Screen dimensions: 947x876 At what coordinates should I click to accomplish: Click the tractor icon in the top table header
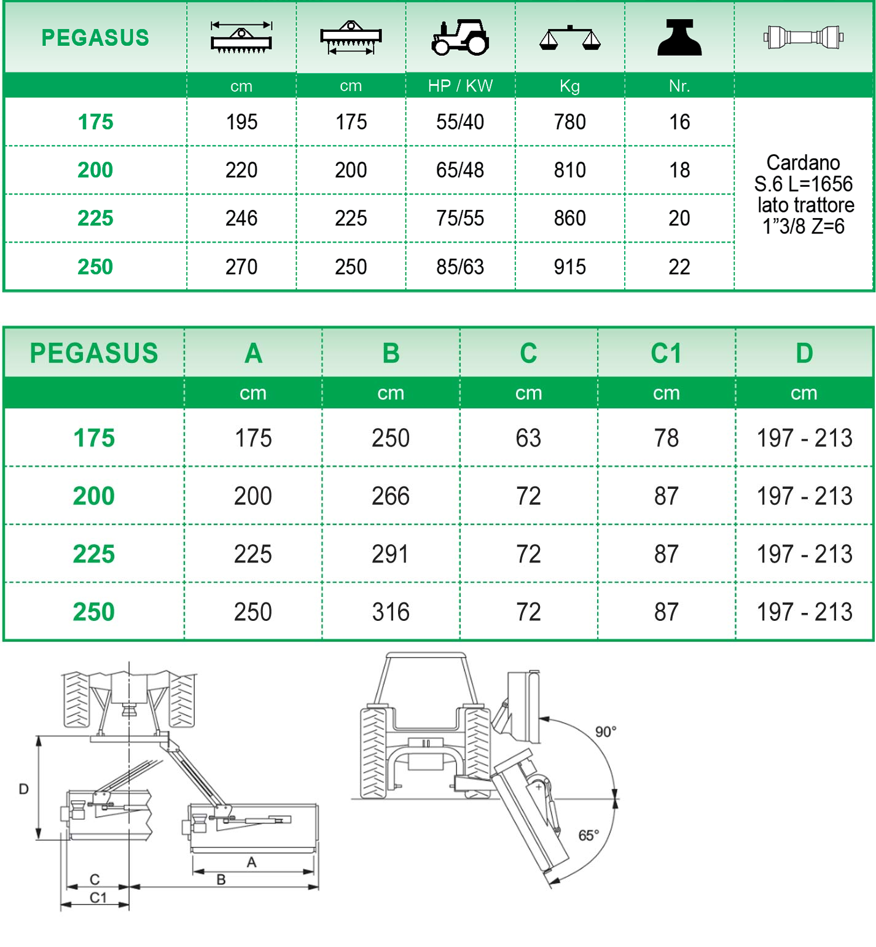click(x=460, y=37)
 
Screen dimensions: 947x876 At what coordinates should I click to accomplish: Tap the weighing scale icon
click(x=569, y=38)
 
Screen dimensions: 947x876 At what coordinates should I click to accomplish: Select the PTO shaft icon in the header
click(x=803, y=37)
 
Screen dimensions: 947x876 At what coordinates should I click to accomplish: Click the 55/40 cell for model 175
click(x=460, y=122)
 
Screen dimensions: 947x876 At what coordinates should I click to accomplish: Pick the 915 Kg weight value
click(x=569, y=267)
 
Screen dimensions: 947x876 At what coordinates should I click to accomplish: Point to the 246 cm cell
click(x=241, y=219)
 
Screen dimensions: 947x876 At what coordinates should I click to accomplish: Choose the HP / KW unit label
click(x=460, y=86)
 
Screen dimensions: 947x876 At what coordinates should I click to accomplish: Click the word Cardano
click(x=803, y=163)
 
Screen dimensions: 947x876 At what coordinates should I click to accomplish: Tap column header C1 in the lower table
click(x=666, y=354)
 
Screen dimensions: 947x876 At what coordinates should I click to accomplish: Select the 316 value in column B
click(x=391, y=612)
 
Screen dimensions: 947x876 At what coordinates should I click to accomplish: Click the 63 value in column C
click(x=528, y=438)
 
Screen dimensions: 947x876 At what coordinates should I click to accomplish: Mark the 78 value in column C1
click(x=666, y=438)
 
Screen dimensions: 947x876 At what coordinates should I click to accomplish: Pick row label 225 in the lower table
click(x=94, y=555)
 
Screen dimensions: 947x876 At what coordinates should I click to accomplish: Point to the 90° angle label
click(x=606, y=732)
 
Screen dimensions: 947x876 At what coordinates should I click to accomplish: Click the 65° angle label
click(x=589, y=835)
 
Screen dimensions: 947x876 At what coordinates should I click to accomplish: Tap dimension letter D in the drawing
click(x=24, y=789)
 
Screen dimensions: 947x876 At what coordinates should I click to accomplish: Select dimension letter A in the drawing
click(x=251, y=863)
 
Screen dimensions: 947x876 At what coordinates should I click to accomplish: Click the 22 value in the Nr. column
click(x=679, y=267)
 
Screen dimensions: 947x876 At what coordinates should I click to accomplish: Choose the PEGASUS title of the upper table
click(x=95, y=38)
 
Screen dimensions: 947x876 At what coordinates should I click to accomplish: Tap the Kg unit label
click(x=569, y=86)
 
